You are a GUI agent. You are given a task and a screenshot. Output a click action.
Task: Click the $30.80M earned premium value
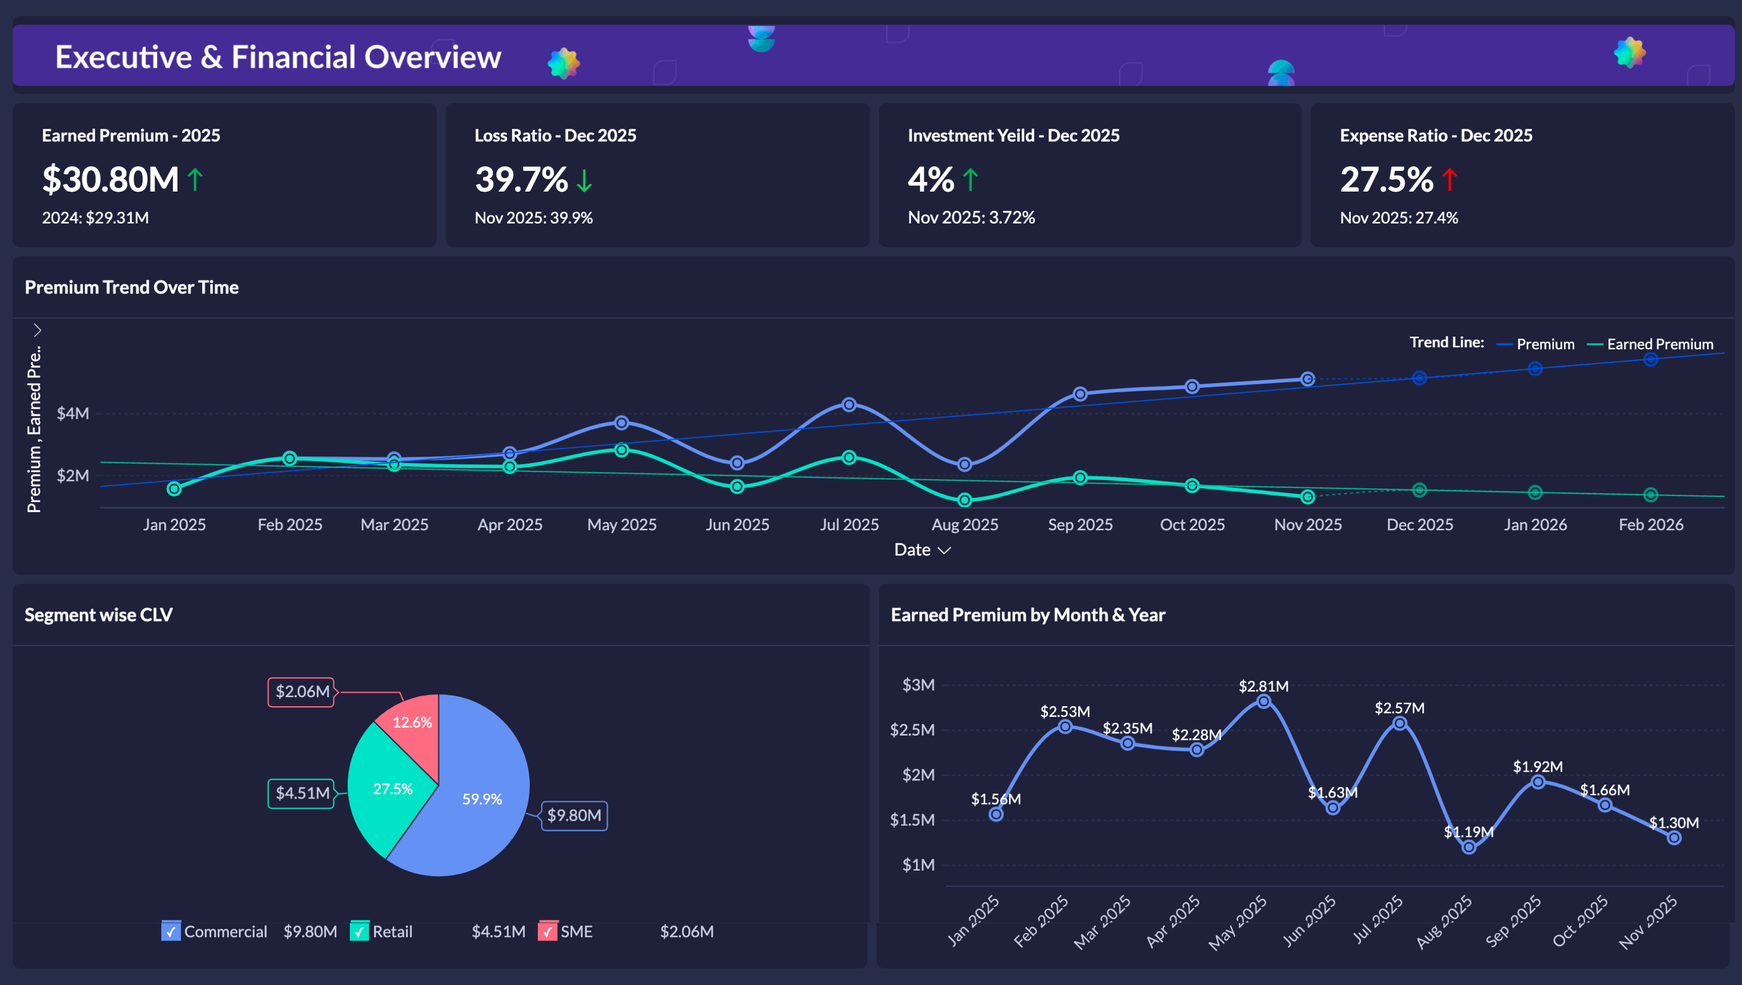(110, 180)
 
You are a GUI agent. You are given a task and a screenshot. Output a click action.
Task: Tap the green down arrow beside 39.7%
(584, 180)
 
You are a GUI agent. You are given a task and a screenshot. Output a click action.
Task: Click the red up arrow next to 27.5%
(1449, 180)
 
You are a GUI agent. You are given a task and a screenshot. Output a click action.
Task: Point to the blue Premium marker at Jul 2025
(849, 405)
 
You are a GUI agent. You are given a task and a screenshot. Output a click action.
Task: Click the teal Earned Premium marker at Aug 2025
(964, 500)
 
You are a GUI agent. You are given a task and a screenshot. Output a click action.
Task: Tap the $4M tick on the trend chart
(73, 413)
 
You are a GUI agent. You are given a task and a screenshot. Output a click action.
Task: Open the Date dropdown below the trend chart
(922, 550)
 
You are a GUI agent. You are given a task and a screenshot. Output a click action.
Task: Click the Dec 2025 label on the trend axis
(1419, 525)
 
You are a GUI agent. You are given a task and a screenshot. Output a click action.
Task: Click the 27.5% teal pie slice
(392, 789)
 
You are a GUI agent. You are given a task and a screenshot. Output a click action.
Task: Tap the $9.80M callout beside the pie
(574, 816)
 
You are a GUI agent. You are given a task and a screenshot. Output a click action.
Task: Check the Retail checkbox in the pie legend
(359, 932)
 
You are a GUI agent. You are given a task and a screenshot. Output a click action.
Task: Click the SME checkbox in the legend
(547, 932)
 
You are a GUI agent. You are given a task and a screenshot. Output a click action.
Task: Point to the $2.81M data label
(1263, 686)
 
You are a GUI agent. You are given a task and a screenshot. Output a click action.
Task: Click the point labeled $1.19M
(1468, 847)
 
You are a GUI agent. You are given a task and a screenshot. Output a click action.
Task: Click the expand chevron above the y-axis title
(38, 330)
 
